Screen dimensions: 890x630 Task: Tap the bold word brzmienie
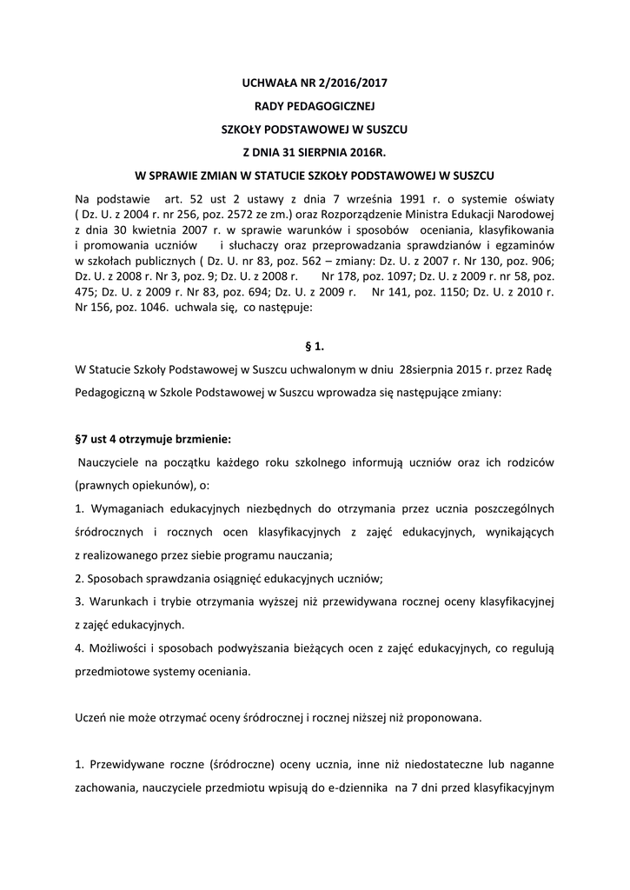pyautogui.click(x=200, y=438)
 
